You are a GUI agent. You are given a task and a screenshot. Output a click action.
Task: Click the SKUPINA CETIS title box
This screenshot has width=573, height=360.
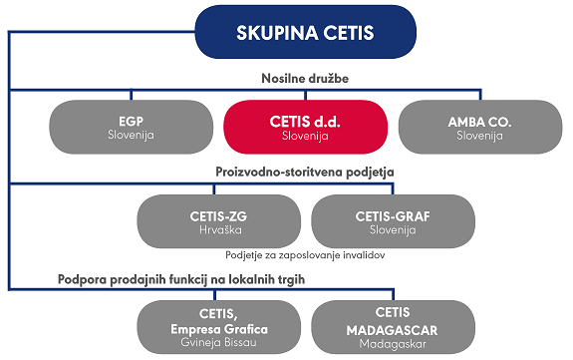[290, 33]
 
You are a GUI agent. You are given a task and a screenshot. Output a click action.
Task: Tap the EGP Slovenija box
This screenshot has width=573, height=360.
[131, 127]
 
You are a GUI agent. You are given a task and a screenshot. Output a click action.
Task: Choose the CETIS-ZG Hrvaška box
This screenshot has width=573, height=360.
[218, 220]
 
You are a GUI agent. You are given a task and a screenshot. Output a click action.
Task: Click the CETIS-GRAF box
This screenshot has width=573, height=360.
[393, 220]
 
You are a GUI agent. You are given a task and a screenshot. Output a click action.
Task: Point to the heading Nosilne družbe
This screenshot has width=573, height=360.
[289, 79]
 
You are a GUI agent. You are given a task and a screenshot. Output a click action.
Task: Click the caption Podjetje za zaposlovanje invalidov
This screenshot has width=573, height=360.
[305, 254]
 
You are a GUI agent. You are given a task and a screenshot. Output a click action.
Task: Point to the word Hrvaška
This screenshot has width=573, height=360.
[218, 229]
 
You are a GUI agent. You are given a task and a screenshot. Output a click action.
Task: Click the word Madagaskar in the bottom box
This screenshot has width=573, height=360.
[393, 344]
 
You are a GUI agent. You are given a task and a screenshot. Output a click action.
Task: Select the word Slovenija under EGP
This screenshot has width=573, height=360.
[131, 136]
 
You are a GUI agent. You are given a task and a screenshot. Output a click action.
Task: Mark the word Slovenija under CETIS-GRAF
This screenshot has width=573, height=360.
[393, 229]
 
